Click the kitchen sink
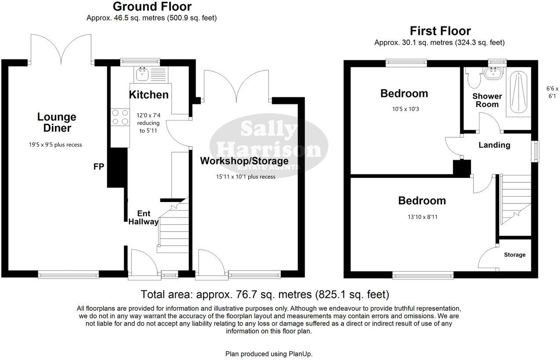[x=142, y=74]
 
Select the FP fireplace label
[x=98, y=167]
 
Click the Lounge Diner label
[x=57, y=122]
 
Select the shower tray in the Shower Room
[x=519, y=91]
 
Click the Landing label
[x=494, y=145]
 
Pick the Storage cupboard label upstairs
[x=514, y=255]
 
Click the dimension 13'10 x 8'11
[x=422, y=217]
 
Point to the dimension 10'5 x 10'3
[x=404, y=109]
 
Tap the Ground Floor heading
[x=152, y=7]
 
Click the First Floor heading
[x=440, y=31]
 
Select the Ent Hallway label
[x=143, y=218]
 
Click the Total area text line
[x=265, y=294]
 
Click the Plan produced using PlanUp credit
[x=269, y=353]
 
